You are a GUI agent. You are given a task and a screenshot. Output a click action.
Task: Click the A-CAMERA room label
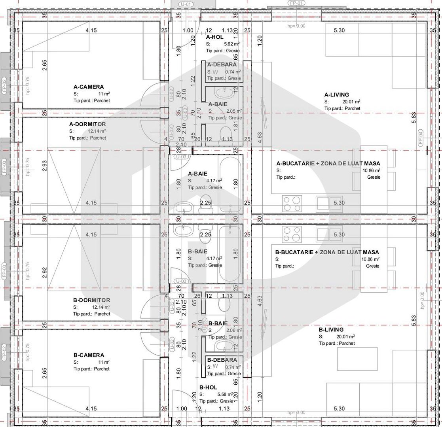coord(89,87)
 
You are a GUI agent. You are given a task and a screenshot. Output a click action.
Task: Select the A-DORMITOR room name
coord(87,124)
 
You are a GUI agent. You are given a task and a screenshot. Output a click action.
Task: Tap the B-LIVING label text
coord(331,329)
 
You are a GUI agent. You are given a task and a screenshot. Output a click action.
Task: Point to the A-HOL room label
coord(215,37)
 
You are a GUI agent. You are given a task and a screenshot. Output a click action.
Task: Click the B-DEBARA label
coord(222,360)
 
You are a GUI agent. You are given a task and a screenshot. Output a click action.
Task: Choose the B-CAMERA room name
coord(89,355)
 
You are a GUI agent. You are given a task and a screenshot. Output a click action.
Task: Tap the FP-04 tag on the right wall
coord(421,138)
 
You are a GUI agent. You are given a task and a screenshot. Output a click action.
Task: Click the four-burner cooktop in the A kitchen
coord(292,203)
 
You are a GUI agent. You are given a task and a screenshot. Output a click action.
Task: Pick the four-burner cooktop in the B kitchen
coord(292,234)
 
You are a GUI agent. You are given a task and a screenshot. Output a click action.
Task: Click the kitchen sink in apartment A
coord(329,203)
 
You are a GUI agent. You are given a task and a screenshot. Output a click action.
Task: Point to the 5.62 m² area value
coord(231,44)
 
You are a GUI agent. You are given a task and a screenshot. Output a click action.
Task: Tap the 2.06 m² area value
coord(233,331)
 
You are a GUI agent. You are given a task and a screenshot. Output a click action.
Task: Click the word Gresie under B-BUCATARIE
coord(373,266)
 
